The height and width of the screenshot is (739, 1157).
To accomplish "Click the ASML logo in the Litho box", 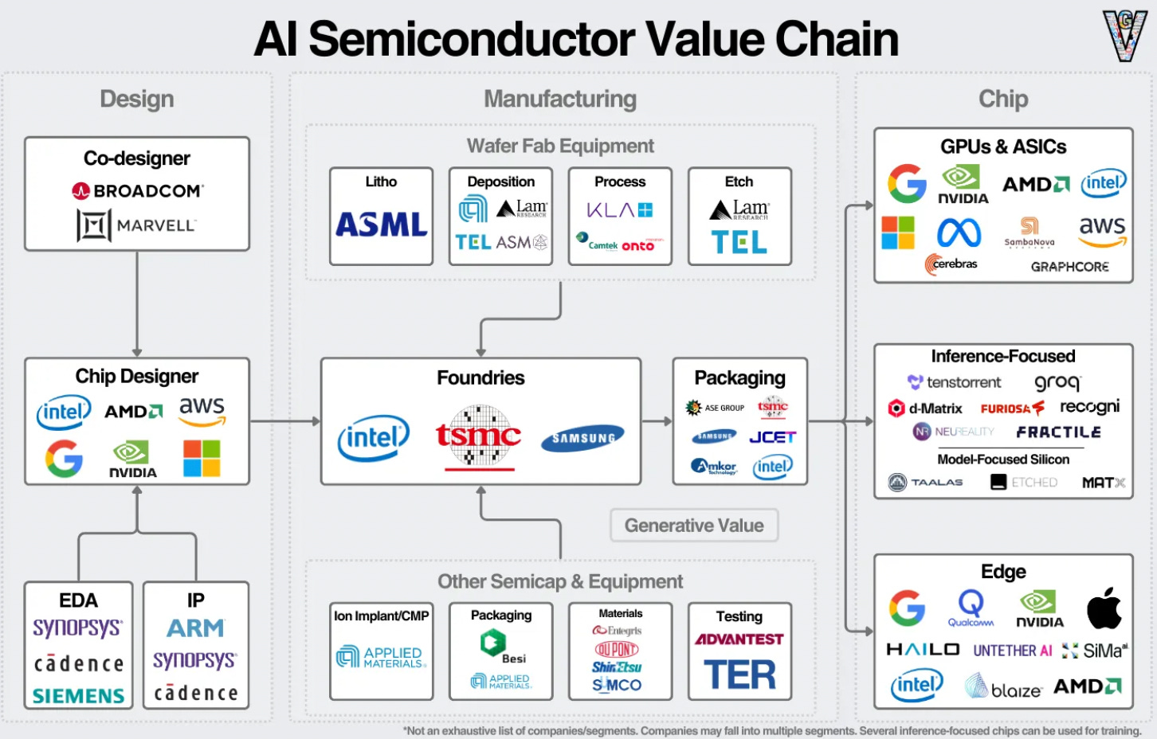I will pyautogui.click(x=381, y=225).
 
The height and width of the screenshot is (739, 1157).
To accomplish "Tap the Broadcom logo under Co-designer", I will pyautogui.click(x=137, y=191).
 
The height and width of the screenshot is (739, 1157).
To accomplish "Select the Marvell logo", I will pyautogui.click(x=136, y=225).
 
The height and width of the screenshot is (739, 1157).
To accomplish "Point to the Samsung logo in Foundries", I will pyautogui.click(x=582, y=437).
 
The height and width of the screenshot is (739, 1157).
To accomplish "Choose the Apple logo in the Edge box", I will pyautogui.click(x=1104, y=608).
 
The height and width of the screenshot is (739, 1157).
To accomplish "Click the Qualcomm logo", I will pyautogui.click(x=971, y=608).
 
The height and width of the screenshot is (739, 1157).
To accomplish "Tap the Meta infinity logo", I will pyautogui.click(x=959, y=233).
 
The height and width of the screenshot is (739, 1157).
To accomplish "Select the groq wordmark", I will pyautogui.click(x=1057, y=382).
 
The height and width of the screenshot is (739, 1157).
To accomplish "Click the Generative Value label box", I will pyautogui.click(x=694, y=526).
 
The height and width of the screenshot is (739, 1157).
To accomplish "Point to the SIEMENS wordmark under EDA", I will pyautogui.click(x=78, y=696).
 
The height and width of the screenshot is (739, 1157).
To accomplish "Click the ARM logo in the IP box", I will pyautogui.click(x=195, y=628).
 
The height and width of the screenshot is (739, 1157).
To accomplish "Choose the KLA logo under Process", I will pyautogui.click(x=619, y=210).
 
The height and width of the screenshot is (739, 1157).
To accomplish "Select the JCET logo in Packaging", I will pyautogui.click(x=772, y=437).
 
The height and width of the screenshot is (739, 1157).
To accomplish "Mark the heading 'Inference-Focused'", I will pyautogui.click(x=1002, y=356).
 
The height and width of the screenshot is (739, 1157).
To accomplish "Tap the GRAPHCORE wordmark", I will pyautogui.click(x=1069, y=267).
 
